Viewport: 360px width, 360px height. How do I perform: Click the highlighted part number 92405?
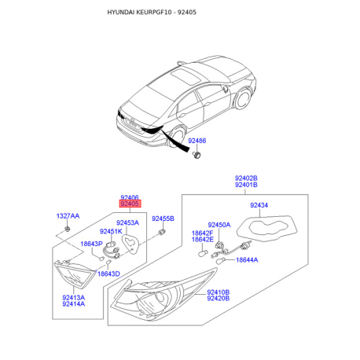(x=130, y=204)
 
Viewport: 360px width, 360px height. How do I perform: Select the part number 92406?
(x=130, y=197)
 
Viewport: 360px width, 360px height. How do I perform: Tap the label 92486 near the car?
(x=197, y=141)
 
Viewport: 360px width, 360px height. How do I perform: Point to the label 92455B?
(x=163, y=218)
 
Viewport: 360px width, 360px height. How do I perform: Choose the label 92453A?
(x=127, y=222)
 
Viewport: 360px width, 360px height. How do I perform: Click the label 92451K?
(x=109, y=231)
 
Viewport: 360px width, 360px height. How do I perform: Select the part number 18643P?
(x=91, y=244)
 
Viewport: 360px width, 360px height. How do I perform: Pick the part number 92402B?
(x=247, y=178)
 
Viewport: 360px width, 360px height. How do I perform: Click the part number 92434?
(x=259, y=205)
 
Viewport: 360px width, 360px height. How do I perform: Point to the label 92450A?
(x=219, y=225)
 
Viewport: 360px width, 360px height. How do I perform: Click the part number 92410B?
(x=218, y=292)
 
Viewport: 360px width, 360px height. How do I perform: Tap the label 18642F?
(x=203, y=233)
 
